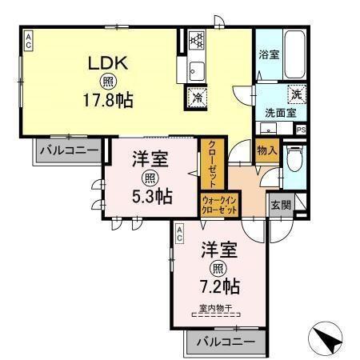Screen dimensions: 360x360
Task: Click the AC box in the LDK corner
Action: pos(27,40)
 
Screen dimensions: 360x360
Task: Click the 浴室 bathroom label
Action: pos(268,56)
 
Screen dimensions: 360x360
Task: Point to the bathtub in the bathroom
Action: pos(294,53)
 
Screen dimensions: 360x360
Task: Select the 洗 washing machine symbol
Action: pos(295,94)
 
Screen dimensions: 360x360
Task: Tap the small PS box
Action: pos(301,130)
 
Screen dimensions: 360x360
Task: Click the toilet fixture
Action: pos(294,162)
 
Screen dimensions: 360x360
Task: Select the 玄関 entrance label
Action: pos(280,204)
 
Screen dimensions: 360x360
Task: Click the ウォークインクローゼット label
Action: pos(219,205)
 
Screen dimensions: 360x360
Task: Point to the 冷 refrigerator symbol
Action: pos(197,98)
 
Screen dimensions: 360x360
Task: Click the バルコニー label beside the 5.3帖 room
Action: pos(68,150)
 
